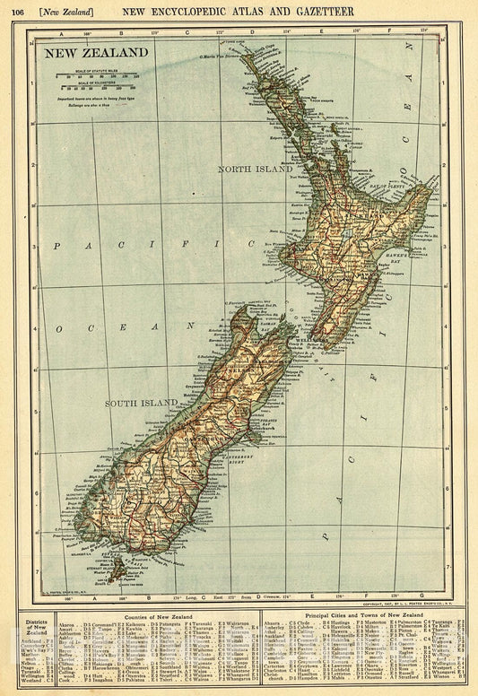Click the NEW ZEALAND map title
92,53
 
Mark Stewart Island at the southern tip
115,564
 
